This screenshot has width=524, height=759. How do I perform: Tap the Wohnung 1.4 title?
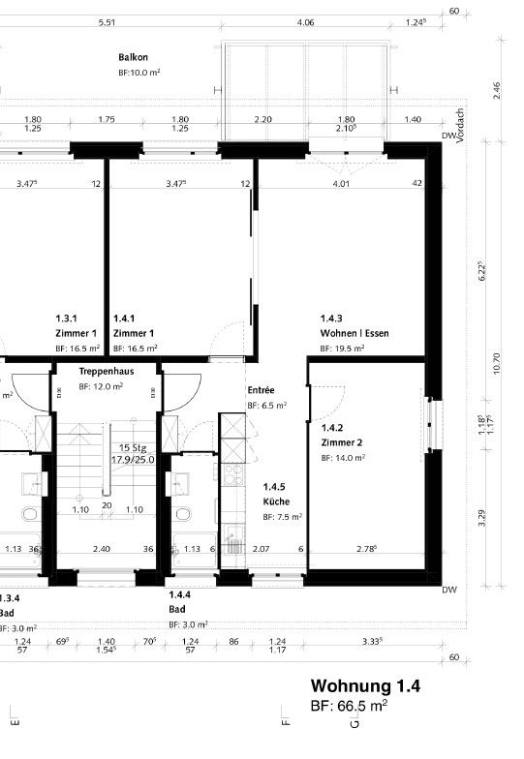365,686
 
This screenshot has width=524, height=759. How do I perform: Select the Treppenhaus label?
107,371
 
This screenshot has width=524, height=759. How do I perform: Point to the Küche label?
276,502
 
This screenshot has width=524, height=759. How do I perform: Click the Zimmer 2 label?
342,442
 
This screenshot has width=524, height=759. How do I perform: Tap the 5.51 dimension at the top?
107,22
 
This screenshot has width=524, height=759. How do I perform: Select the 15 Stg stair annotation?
129,447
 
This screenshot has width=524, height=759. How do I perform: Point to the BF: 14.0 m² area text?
343,458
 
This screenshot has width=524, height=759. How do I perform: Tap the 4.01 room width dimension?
340,183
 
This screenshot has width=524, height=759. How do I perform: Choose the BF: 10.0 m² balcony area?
139,73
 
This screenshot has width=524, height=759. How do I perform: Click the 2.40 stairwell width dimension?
101,550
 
